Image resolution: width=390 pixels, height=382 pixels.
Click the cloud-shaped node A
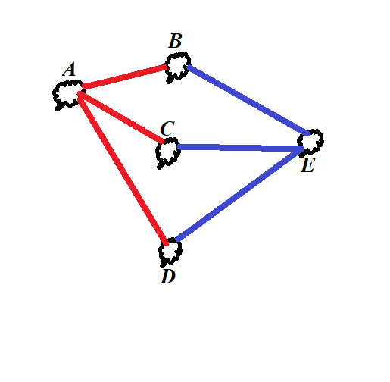tap(68, 95)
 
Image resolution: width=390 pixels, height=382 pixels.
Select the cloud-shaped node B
tap(178, 67)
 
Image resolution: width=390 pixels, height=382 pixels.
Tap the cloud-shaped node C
tap(168, 152)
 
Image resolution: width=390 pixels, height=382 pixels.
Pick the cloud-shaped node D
tap(170, 252)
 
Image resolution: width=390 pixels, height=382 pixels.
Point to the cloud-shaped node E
tap(310, 142)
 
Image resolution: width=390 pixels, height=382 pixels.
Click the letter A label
tap(69, 69)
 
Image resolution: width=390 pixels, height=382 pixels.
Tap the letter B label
tap(175, 41)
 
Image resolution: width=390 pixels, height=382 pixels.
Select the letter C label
tap(167, 129)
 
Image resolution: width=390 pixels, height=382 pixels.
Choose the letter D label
tap(168, 276)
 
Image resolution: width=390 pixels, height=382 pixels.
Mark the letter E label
tap(307, 165)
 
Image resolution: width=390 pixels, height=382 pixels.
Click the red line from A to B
tap(125, 77)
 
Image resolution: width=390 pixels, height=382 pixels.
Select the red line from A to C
tap(120, 117)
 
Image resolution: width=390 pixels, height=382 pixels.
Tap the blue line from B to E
tap(248, 100)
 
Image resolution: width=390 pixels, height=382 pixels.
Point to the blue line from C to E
tap(241, 148)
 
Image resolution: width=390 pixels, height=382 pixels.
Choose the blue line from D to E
tap(239, 194)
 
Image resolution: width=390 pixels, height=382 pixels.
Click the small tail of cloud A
tap(58, 108)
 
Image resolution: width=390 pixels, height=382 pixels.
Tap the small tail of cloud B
tap(170, 80)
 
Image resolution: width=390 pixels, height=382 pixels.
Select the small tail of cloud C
tap(160, 167)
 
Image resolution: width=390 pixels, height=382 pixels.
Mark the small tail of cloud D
tap(163, 265)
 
